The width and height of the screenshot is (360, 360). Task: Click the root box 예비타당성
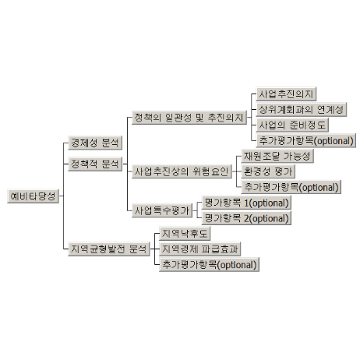(x=34, y=196)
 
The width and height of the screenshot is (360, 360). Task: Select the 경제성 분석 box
(x=95, y=143)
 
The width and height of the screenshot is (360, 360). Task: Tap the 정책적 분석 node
(x=95, y=164)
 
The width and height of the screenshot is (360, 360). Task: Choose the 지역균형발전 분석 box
(x=109, y=249)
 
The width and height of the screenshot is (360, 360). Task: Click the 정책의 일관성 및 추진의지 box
(x=189, y=118)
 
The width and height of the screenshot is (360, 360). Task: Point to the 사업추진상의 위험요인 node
(x=182, y=171)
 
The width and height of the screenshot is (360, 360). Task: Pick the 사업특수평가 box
(x=162, y=210)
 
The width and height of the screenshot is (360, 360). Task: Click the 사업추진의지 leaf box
(x=286, y=94)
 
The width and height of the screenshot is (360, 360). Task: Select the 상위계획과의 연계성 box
(x=302, y=110)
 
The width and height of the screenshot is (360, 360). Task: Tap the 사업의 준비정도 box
(x=292, y=125)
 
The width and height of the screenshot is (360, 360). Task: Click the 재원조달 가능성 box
(x=277, y=156)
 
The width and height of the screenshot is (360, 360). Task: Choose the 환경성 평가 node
(x=268, y=171)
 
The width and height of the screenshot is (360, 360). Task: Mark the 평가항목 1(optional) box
(x=246, y=203)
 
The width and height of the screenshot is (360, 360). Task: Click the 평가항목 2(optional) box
(x=246, y=218)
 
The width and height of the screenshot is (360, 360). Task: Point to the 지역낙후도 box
(x=185, y=234)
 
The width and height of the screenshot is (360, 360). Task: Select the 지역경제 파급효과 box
(x=200, y=249)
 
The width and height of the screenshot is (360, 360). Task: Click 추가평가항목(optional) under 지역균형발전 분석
(x=210, y=265)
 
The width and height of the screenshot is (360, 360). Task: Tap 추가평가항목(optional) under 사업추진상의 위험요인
(x=291, y=187)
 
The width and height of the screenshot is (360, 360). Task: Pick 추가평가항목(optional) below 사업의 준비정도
(x=306, y=141)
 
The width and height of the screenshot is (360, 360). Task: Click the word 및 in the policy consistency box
(x=199, y=118)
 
